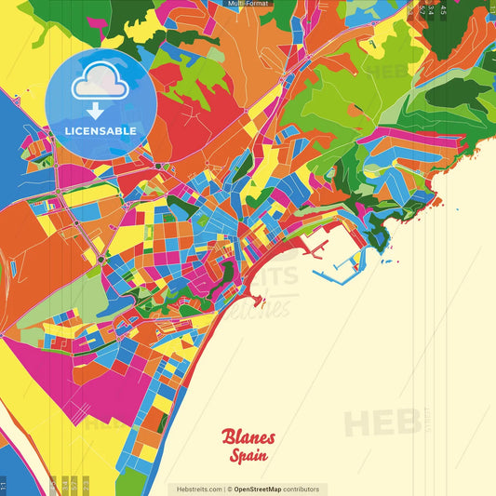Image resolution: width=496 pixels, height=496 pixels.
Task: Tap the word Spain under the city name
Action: click(250, 456)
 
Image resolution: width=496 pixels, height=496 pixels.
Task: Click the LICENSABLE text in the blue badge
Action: click(101, 130)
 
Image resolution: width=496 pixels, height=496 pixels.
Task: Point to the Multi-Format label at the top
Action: click(248, 4)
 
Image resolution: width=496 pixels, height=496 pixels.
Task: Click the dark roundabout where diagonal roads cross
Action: click(101, 261)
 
